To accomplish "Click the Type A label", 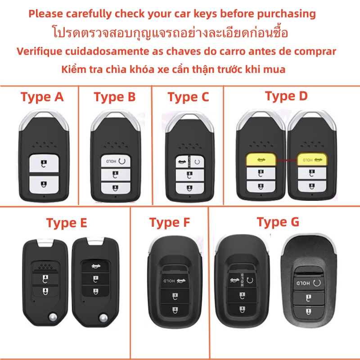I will (42, 97).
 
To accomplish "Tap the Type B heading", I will (115, 97).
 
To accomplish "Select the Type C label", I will (188, 97).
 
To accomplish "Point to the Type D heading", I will (286, 96).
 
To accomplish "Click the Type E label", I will (67, 223).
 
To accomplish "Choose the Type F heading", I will (170, 222).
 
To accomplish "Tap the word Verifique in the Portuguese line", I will (38, 51).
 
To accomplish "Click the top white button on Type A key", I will (43, 163).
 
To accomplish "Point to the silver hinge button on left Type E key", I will (52, 318).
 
